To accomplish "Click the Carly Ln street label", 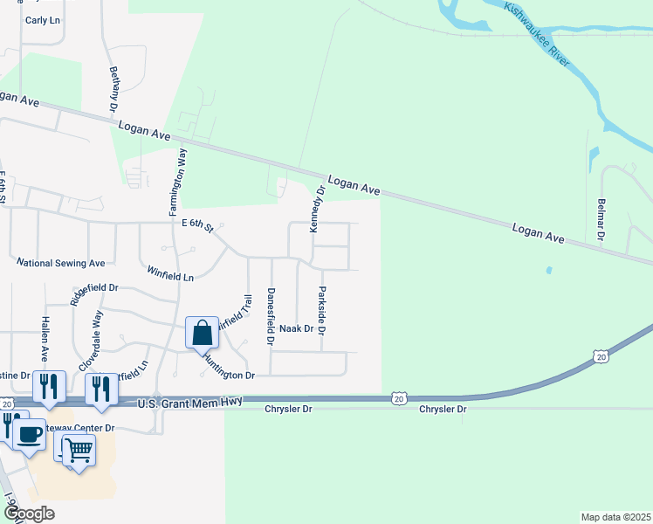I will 42,19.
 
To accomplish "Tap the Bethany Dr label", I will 113,89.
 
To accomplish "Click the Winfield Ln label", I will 170,273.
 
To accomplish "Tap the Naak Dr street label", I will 296,328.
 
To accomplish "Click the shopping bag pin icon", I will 202,333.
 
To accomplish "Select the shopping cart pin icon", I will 79,451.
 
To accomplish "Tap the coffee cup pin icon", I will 30,434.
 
